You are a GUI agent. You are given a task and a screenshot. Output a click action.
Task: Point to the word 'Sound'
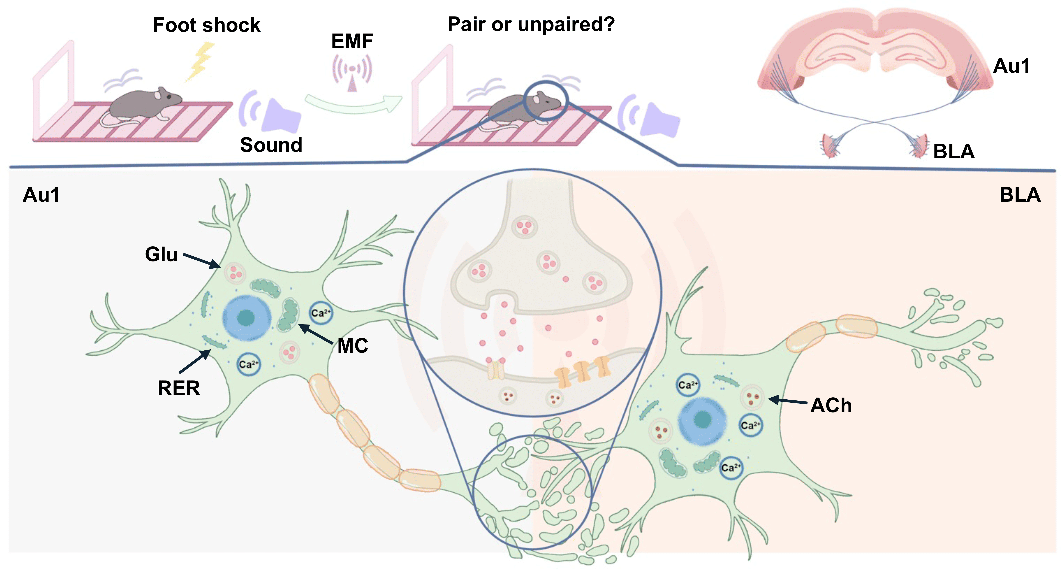pos(271,145)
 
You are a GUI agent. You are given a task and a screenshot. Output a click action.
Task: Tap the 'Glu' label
pos(161,254)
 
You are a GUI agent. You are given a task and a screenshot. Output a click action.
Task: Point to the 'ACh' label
pos(831,406)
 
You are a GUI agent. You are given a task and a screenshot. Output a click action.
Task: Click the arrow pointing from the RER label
pos(195,361)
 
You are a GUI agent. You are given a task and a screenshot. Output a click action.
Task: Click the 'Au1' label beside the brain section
pos(1011,66)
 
